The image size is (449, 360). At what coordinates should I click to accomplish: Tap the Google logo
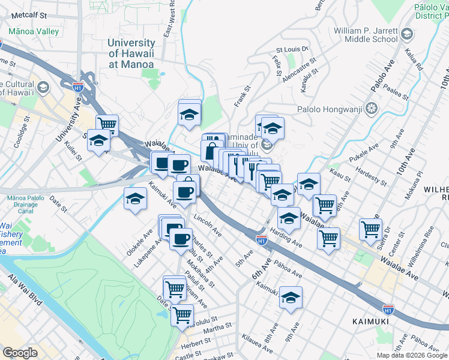tap(20, 352)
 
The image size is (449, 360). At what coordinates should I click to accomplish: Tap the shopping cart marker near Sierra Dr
tap(370, 228)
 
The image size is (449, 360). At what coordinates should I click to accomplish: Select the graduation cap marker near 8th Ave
tap(291, 297)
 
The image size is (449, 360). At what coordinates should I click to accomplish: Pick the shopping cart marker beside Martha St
tap(182, 313)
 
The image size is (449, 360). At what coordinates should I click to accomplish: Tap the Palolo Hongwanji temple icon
tap(372, 109)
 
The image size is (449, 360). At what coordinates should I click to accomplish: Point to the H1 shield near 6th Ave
tap(262, 240)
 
